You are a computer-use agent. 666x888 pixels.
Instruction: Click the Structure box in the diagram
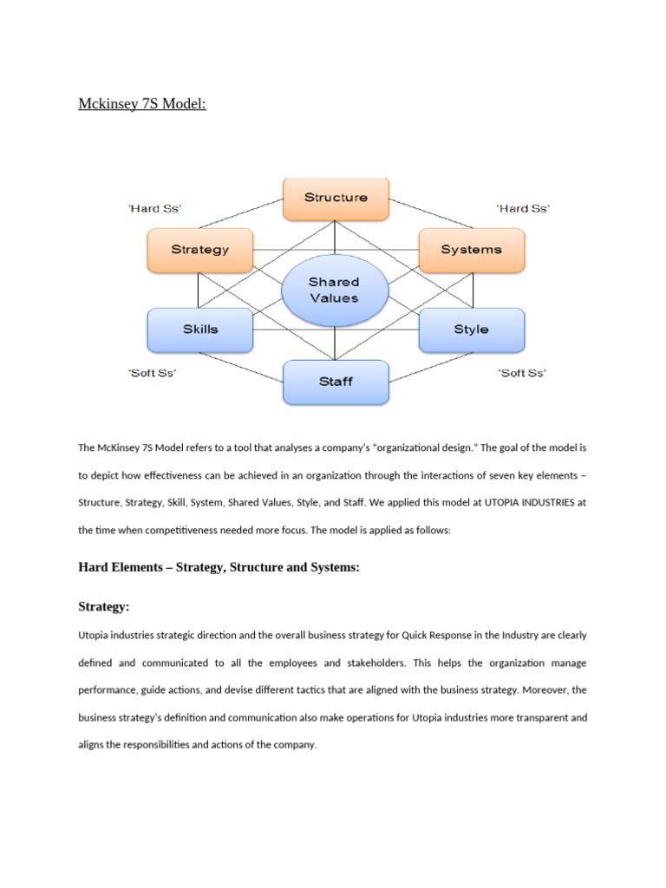point(336,199)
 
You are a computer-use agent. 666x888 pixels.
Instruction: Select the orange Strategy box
point(200,251)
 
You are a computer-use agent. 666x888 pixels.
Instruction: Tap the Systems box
point(472,251)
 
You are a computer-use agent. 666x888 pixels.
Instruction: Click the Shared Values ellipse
point(335,290)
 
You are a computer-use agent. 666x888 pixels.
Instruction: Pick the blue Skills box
point(200,330)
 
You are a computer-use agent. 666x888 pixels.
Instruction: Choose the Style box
point(472,330)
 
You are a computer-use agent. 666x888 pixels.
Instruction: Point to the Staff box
point(336,382)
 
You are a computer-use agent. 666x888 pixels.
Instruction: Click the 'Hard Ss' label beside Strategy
point(154,208)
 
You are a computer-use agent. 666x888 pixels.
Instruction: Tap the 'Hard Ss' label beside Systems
point(523,208)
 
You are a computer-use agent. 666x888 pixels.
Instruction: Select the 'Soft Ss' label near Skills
point(153,373)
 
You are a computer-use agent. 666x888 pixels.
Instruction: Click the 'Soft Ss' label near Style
point(522,373)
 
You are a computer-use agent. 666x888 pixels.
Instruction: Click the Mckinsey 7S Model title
point(142,104)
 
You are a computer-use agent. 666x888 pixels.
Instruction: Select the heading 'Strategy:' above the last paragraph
point(104,606)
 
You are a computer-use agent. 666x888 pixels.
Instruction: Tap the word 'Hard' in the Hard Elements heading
point(92,567)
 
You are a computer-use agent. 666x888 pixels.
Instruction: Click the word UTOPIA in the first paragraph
point(501,502)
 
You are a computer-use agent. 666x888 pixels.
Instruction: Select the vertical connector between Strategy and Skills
point(199,291)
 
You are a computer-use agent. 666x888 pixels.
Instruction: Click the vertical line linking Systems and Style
point(473,291)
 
